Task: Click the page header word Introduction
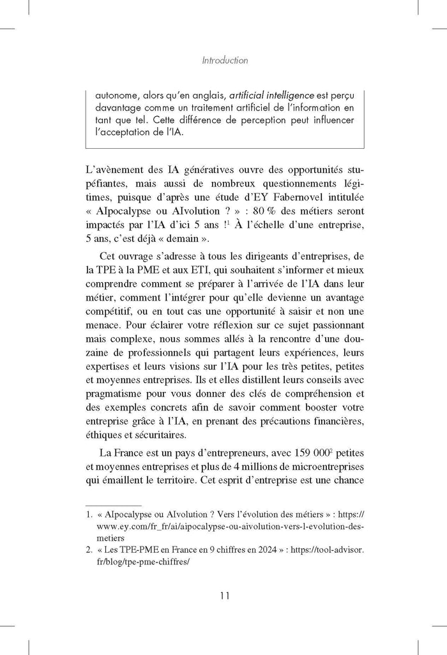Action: tap(223, 61)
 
